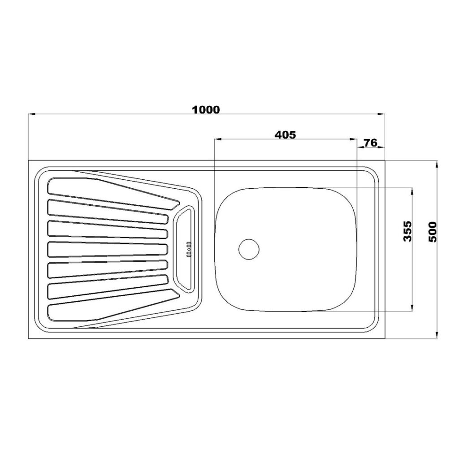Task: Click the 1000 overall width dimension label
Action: [206, 110]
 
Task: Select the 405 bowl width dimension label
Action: [286, 134]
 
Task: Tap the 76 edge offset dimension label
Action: [370, 143]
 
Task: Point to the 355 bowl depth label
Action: [407, 231]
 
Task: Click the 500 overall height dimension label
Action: [433, 232]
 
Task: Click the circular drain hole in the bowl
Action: [249, 249]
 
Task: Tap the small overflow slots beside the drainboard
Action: [189, 249]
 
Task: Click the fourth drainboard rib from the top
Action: [108, 249]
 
